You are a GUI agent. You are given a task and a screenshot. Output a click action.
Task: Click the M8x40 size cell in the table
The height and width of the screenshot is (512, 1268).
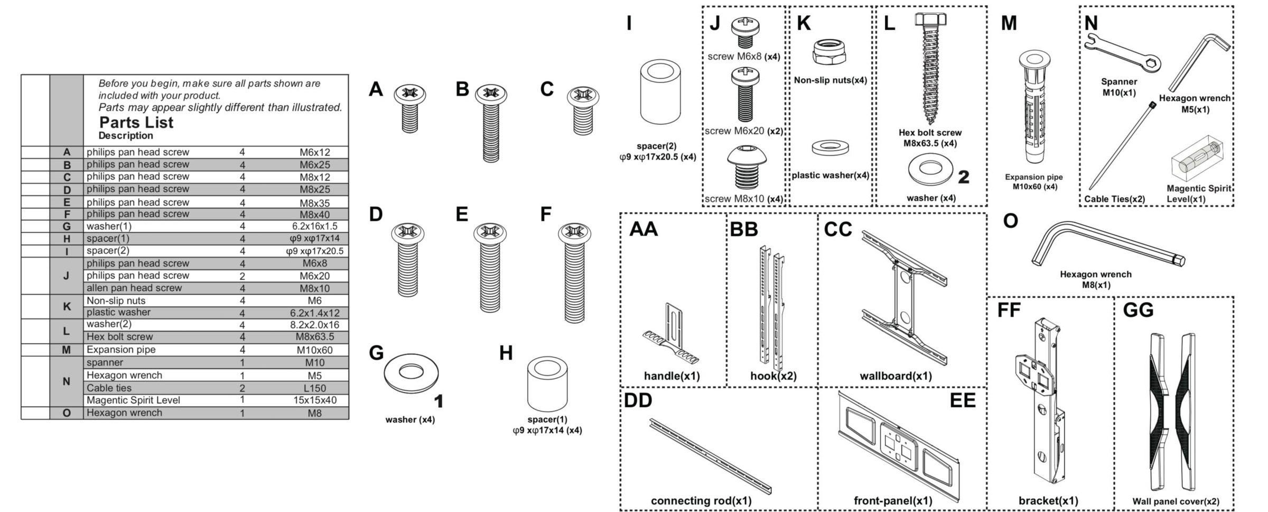pyautogui.click(x=314, y=214)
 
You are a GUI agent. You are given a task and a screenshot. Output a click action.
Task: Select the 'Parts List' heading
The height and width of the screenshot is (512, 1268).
pyautogui.click(x=136, y=123)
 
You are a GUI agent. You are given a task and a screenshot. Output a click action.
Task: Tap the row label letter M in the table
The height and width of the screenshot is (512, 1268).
pyautogui.click(x=66, y=350)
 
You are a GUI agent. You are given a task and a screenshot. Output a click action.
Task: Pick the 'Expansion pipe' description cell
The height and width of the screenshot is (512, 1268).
pyautogui.click(x=121, y=350)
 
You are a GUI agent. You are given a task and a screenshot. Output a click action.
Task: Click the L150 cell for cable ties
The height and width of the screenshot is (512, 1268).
pyautogui.click(x=314, y=388)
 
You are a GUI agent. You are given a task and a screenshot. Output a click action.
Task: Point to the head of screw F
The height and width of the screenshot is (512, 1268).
pyautogui.click(x=574, y=233)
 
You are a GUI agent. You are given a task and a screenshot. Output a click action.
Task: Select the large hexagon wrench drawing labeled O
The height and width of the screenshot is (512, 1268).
pyautogui.click(x=1107, y=244)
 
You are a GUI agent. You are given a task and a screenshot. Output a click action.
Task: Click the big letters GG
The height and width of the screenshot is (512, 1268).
pyautogui.click(x=1138, y=310)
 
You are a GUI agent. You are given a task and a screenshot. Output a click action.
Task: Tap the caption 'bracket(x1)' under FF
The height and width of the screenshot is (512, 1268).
pyautogui.click(x=1048, y=500)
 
